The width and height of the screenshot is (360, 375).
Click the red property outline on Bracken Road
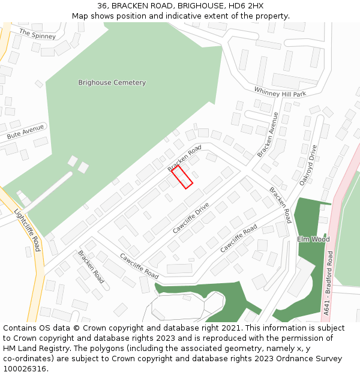[x=182, y=178]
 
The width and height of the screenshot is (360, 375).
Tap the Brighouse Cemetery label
[x=112, y=82]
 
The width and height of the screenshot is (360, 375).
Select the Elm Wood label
[x=313, y=239]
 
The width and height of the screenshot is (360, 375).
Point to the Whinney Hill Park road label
[x=280, y=92]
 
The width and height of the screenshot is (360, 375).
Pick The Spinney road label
[x=37, y=34]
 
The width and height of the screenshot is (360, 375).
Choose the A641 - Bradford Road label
[x=328, y=284]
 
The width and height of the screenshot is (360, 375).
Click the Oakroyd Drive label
[x=307, y=164]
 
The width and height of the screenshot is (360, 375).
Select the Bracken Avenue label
[x=268, y=134]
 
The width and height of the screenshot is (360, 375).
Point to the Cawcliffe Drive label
[x=191, y=217]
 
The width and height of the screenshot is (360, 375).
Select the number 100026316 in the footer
[x=24, y=369]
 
